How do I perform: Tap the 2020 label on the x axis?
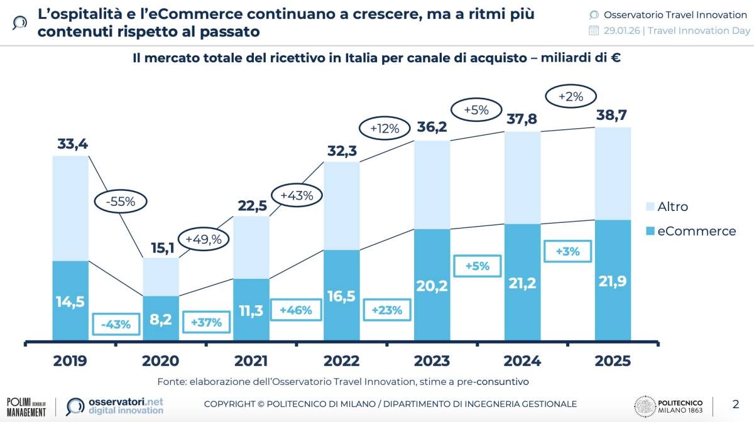point(160,361)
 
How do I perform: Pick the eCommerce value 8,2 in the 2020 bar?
point(160,319)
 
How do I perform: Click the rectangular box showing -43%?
point(116,325)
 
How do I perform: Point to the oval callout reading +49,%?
point(205,239)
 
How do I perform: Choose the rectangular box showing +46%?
point(296,310)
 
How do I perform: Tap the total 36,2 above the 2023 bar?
point(433,127)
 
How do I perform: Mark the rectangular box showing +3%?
point(567,251)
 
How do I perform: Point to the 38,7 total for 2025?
point(613,115)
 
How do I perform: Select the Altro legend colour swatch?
point(650,207)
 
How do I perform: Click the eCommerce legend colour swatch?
point(650,231)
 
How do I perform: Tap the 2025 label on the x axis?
point(612,361)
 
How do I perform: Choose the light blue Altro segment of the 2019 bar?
point(70,207)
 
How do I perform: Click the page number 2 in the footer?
point(736,403)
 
